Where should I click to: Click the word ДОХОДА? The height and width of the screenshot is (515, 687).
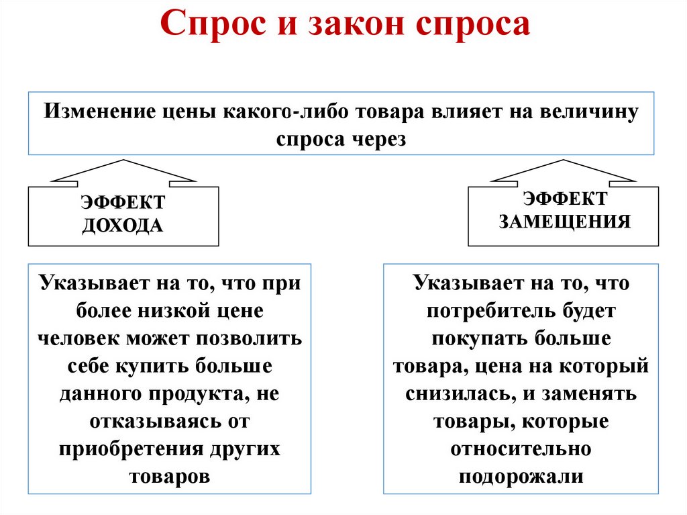pos(123,225)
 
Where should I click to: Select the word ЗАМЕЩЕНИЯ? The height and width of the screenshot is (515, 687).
pos(564,222)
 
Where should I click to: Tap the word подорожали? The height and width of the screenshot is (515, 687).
pos(520,477)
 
